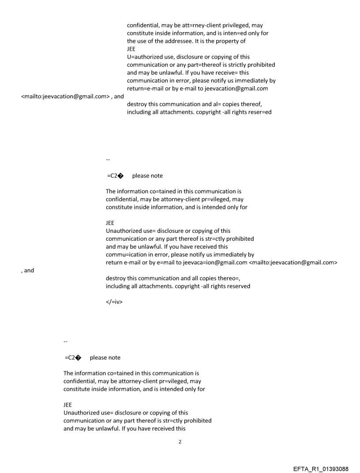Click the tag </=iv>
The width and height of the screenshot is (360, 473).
(x=114, y=302)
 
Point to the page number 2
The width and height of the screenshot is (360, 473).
(x=180, y=442)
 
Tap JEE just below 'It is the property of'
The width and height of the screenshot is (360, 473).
(x=131, y=49)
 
